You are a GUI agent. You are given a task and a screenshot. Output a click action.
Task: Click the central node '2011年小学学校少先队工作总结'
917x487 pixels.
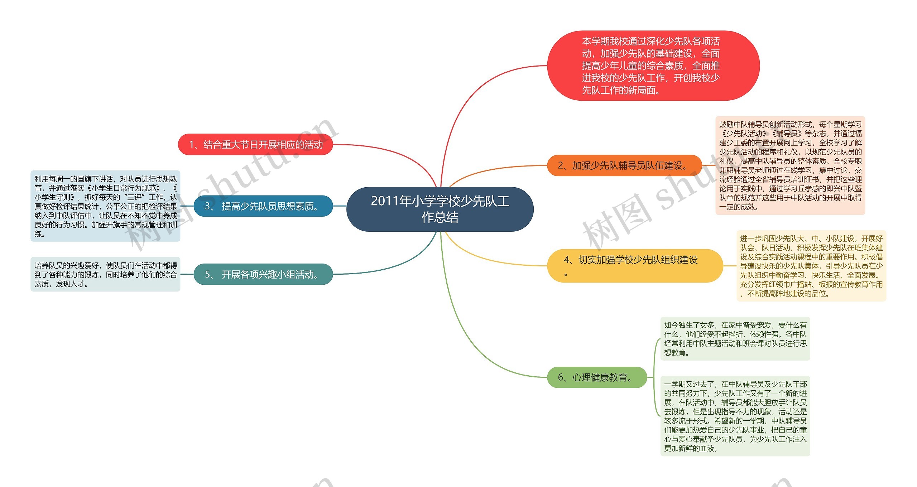pyautogui.click(x=440, y=209)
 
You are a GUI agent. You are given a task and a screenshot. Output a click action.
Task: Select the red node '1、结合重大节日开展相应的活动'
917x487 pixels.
pyautogui.click(x=255, y=144)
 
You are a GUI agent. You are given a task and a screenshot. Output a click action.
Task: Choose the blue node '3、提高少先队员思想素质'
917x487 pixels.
pyautogui.click(x=263, y=206)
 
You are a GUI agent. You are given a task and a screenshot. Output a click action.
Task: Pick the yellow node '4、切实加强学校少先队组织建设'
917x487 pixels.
pyautogui.click(x=634, y=265)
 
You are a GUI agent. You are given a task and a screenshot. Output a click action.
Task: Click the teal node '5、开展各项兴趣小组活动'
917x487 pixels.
pyautogui.click(x=263, y=274)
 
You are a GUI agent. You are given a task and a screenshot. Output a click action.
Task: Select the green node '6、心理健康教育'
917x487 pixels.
pyautogui.click(x=597, y=377)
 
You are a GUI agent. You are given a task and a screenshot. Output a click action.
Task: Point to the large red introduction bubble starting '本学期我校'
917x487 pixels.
pyautogui.click(x=653, y=66)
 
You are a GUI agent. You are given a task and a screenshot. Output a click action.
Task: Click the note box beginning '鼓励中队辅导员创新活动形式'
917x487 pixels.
pyautogui.click(x=790, y=165)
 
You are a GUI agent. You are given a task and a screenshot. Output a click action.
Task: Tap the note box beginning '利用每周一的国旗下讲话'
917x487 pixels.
pyautogui.click(x=105, y=206)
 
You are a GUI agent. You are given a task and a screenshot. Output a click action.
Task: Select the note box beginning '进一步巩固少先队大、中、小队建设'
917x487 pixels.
pyautogui.click(x=811, y=266)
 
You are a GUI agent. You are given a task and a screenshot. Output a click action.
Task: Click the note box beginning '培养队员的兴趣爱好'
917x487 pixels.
pyautogui.click(x=105, y=274)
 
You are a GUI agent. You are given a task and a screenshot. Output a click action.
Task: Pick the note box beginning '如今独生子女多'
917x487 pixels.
pyautogui.click(x=735, y=338)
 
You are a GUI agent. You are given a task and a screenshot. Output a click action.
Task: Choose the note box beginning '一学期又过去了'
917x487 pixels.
pyautogui.click(x=735, y=416)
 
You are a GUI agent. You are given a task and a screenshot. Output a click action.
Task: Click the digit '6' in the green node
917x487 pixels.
pyautogui.click(x=561, y=377)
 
